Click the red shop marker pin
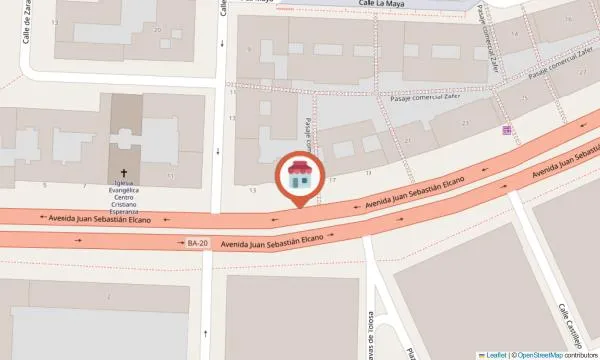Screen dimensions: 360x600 click(299, 177)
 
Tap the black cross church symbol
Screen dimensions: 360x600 click(125, 172)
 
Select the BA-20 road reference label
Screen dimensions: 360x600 click(197, 242)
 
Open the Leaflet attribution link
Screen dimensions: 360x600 click(492, 354)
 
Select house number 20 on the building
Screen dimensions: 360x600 click(157, 29)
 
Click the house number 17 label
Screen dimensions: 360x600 click(333, 178)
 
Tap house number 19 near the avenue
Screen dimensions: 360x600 click(367, 172)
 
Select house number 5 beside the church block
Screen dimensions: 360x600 click(44, 185)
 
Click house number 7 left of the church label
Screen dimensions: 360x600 click(84, 185)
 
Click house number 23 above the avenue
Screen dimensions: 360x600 click(465, 122)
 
